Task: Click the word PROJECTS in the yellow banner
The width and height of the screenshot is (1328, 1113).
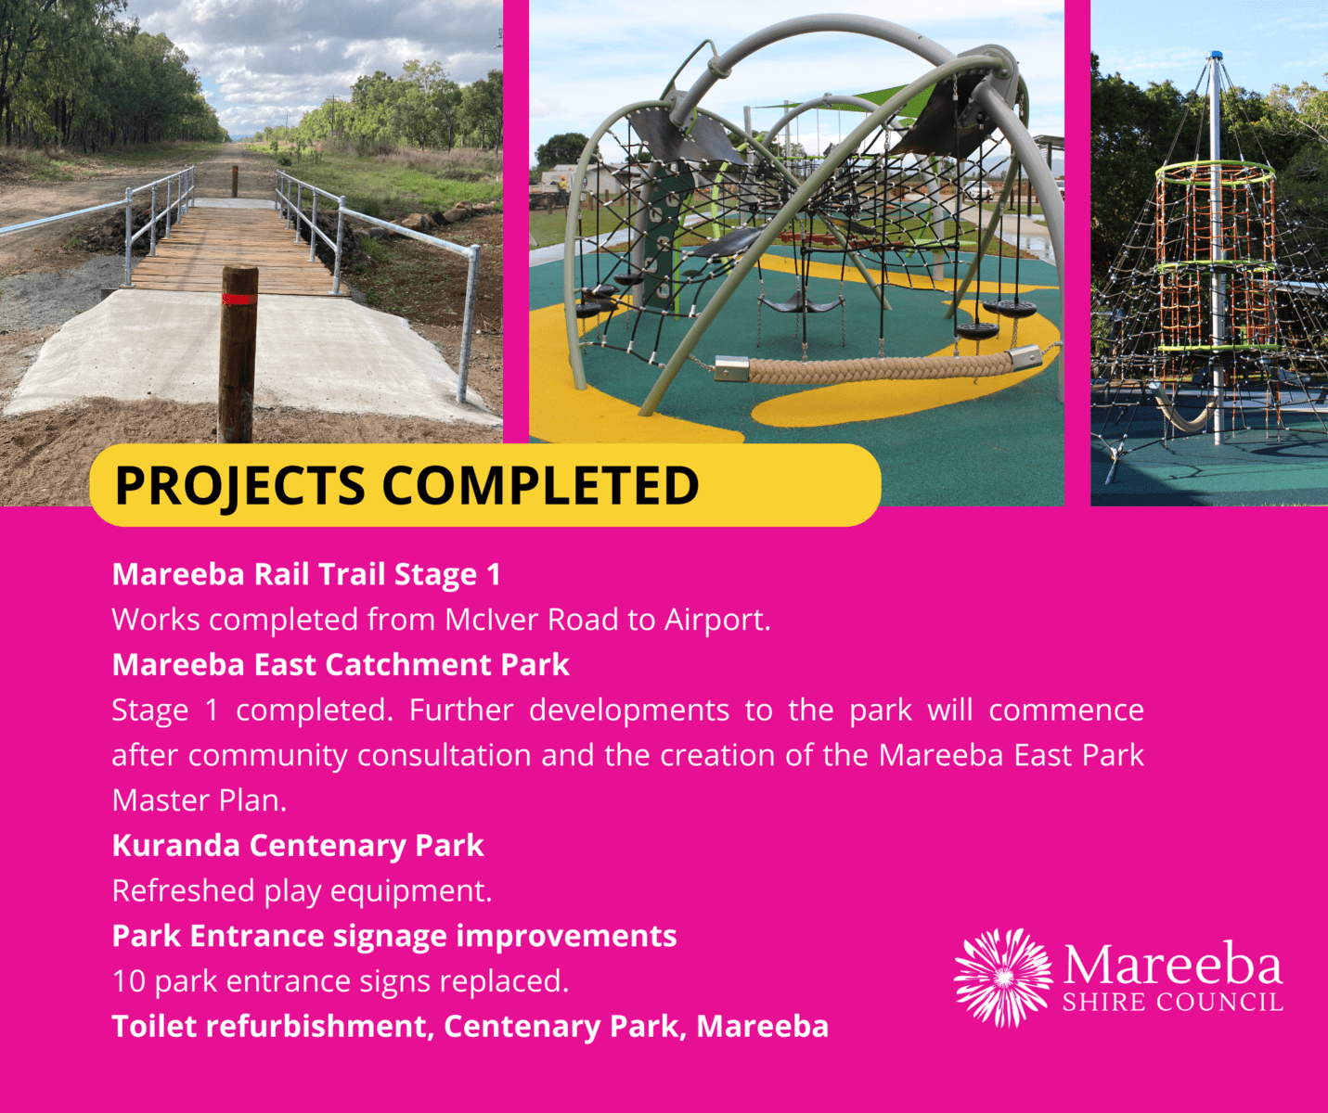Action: point(239,486)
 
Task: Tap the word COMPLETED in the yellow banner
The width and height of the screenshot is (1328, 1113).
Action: point(541,486)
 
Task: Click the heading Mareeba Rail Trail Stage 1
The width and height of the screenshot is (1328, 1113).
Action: point(306,575)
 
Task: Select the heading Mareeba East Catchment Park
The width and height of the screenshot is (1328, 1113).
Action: point(341,665)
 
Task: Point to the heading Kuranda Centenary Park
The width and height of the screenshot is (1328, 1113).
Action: point(298,846)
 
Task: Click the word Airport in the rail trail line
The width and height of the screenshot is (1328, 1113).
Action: point(717,620)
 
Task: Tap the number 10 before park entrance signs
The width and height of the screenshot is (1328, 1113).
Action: point(129,981)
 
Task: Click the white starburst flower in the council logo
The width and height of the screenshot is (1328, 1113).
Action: point(1002,978)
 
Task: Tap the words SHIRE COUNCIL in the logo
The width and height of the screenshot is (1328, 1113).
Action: point(1172,1003)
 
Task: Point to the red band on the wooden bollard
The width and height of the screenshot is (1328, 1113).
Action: point(239,299)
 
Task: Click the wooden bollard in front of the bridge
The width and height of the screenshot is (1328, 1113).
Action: point(239,354)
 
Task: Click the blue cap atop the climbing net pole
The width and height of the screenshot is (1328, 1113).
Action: point(1216,56)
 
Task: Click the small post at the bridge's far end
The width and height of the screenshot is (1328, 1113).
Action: point(235,181)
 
